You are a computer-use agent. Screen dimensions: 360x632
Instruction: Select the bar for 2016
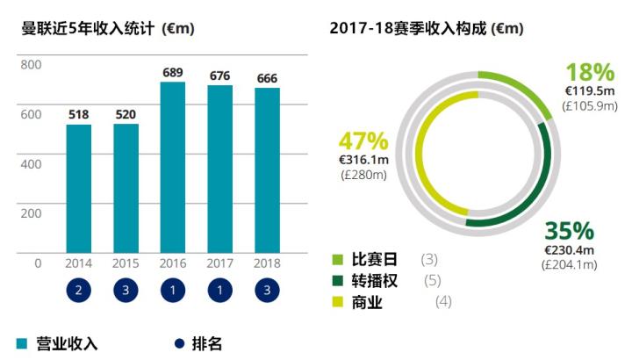172,167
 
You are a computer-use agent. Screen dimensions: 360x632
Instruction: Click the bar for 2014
79,188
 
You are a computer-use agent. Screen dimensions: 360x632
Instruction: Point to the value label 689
172,70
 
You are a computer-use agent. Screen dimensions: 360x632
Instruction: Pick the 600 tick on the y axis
31,114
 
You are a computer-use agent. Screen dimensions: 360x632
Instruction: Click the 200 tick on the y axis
31,213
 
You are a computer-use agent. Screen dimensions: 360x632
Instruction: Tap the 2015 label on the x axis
126,263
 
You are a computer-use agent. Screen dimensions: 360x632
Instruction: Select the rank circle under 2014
79,291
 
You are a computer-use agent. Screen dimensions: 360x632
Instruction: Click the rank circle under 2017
219,291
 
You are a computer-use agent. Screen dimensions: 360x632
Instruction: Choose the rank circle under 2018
267,291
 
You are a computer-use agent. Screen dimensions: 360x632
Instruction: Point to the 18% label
586,72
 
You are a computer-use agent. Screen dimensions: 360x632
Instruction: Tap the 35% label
570,231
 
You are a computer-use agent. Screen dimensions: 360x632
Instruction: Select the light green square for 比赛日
338,260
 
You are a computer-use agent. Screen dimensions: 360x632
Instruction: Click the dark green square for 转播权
338,281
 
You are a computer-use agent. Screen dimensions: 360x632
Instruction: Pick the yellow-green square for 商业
338,303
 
